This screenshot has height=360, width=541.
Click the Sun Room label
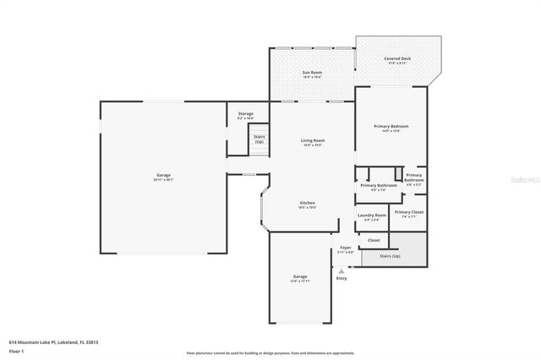(x=312, y=74)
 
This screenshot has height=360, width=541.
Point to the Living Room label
(x=313, y=142)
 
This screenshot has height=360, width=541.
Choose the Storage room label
(x=245, y=115)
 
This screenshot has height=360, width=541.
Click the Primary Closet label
(x=409, y=214)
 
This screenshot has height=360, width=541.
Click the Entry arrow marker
(x=342, y=270)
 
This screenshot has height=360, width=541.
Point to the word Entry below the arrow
(x=342, y=278)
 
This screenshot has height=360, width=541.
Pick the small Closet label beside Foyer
(x=374, y=240)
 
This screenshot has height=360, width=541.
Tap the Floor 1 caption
(x=17, y=351)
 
